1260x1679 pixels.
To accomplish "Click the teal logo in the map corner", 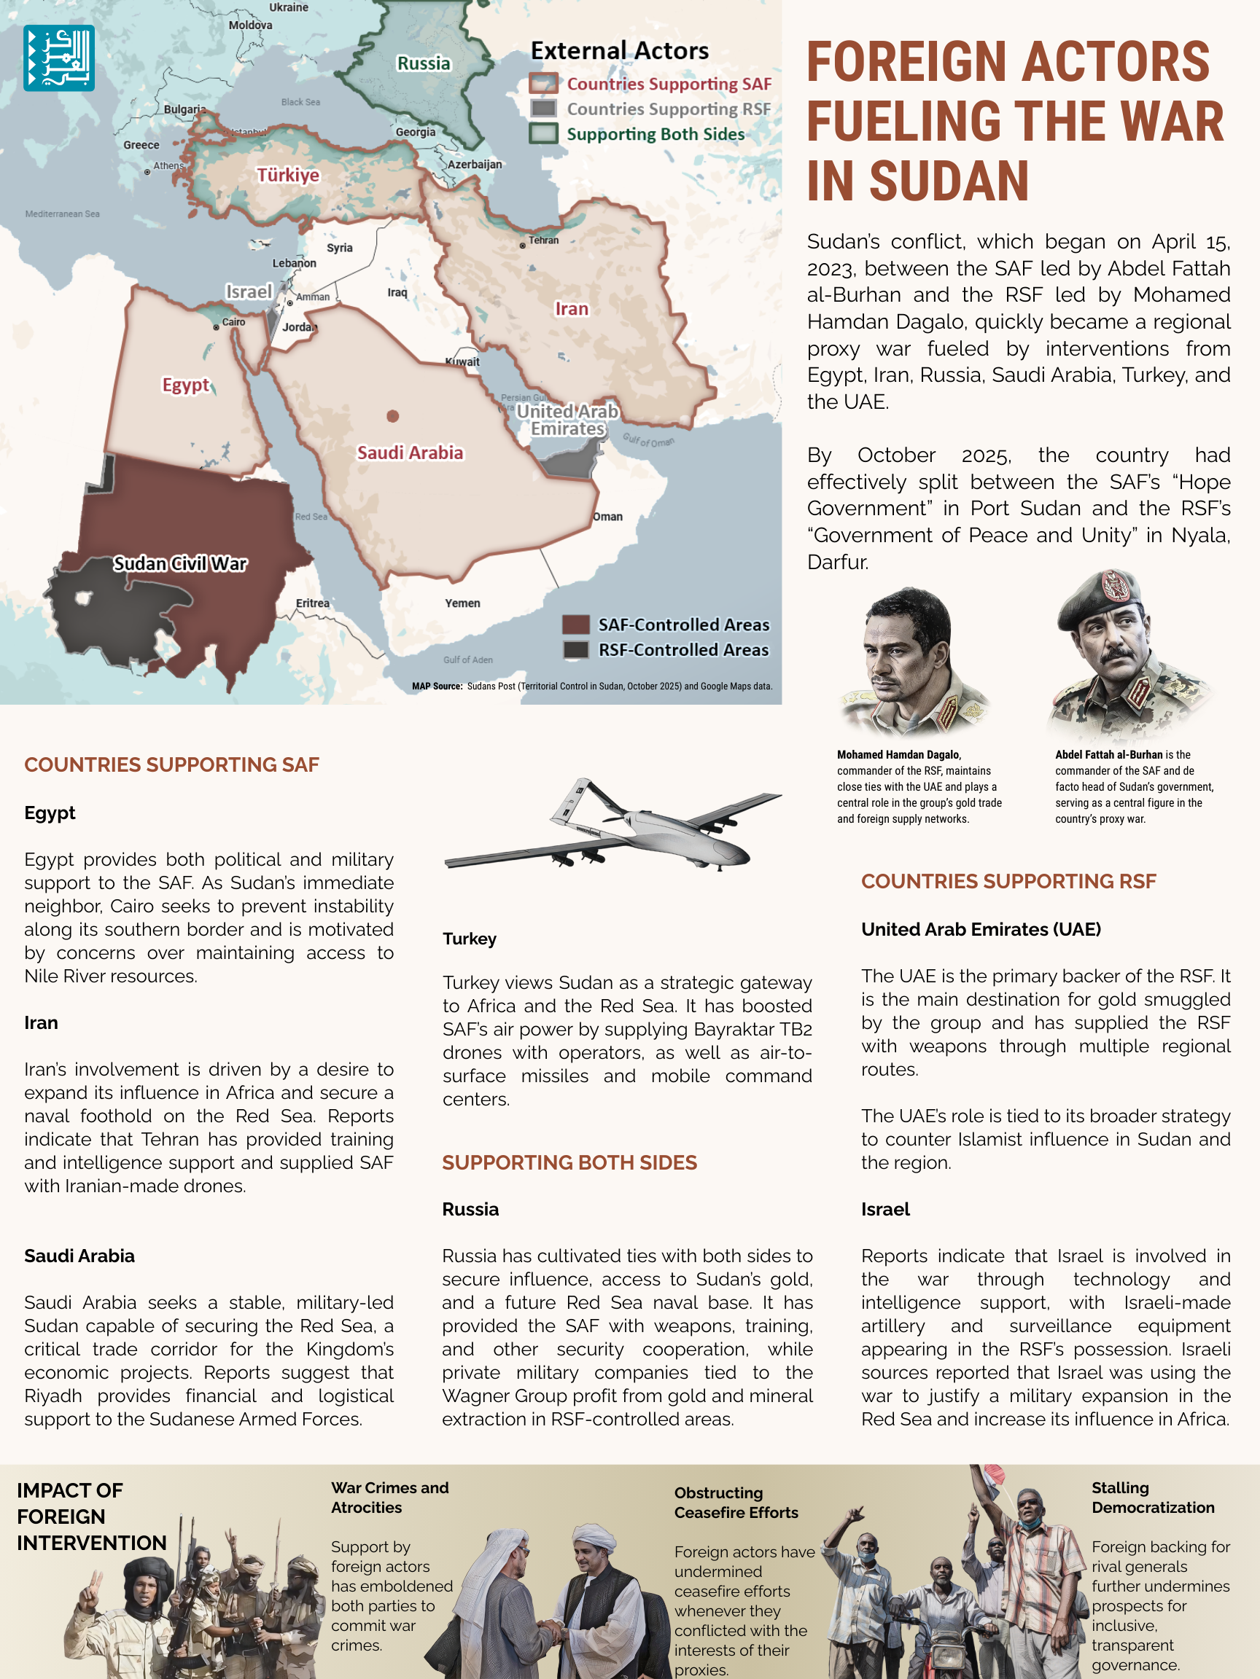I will click(x=58, y=58).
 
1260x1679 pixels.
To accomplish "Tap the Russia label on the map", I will click(x=424, y=63).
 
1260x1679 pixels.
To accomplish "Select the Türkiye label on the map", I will click(x=288, y=176).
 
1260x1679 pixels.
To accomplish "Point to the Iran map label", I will click(x=571, y=309).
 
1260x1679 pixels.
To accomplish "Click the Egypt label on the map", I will click(x=185, y=385).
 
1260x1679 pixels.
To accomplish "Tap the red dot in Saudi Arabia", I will click(x=393, y=416).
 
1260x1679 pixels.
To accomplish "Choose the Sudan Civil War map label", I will click(x=180, y=563).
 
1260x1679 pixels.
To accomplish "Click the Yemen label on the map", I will click(x=462, y=603).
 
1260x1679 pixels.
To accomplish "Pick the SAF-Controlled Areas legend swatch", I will click(x=576, y=625).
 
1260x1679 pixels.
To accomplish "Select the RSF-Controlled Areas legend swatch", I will click(x=576, y=650).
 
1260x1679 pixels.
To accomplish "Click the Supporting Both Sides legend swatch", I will click(x=544, y=133).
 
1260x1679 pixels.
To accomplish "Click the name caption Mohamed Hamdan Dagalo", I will click(x=898, y=754).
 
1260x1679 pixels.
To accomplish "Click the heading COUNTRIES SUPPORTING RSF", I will click(x=1008, y=881).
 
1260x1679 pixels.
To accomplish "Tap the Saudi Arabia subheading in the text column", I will click(x=79, y=1256).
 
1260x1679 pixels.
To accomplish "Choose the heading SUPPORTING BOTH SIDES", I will click(x=569, y=1163).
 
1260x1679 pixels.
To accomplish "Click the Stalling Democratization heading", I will click(x=1152, y=1498).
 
